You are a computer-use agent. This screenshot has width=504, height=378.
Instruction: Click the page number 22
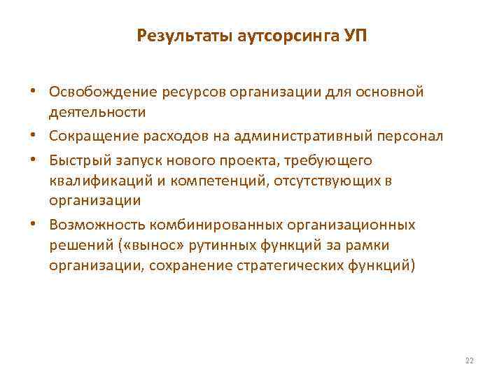tap(469, 360)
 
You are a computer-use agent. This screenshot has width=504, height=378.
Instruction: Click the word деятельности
tap(97, 112)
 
